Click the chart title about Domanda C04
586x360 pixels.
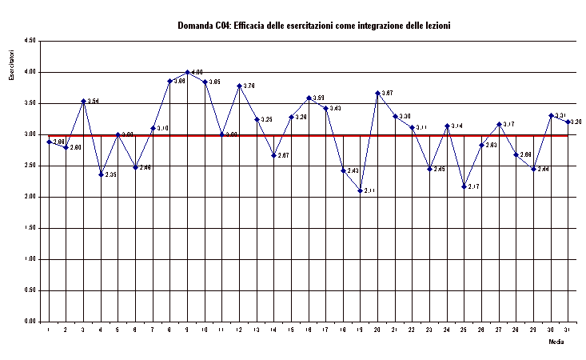pyautogui.click(x=313, y=26)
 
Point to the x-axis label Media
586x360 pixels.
pyautogui.click(x=556, y=341)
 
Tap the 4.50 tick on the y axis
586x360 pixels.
pyautogui.click(x=30, y=41)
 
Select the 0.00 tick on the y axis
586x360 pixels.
pyautogui.click(x=30, y=322)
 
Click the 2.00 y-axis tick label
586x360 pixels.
pyautogui.click(x=30, y=197)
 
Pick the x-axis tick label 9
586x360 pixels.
pyautogui.click(x=187, y=330)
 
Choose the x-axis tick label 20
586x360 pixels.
pyautogui.click(x=377, y=330)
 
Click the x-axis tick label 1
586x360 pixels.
pyautogui.click(x=49, y=330)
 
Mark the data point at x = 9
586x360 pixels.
pyautogui.click(x=187, y=72)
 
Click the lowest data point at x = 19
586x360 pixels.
pyautogui.click(x=361, y=190)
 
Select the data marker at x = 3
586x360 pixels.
pyautogui.click(x=83, y=101)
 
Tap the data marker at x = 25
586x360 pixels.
pyautogui.click(x=464, y=186)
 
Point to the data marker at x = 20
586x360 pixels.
pyautogui.click(x=377, y=93)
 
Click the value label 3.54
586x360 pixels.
pyautogui.click(x=94, y=102)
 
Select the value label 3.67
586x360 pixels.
pyautogui.click(x=388, y=94)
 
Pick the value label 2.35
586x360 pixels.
pyautogui.click(x=111, y=174)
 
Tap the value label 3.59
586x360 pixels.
pyautogui.click(x=318, y=98)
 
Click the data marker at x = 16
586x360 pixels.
pyautogui.click(x=309, y=98)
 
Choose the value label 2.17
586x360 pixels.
pyautogui.click(x=474, y=186)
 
